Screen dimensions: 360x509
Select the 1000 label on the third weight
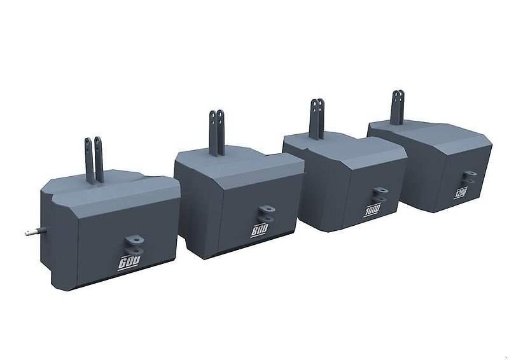[x=372, y=212]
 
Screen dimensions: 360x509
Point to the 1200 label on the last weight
[x=461, y=192]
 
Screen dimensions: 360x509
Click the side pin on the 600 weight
[x=34, y=232]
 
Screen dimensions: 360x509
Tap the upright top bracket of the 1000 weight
[x=316, y=120]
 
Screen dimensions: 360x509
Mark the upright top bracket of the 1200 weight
[x=398, y=108]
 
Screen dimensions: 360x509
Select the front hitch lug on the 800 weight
[x=266, y=212]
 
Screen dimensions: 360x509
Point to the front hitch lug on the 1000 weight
[x=379, y=193]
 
